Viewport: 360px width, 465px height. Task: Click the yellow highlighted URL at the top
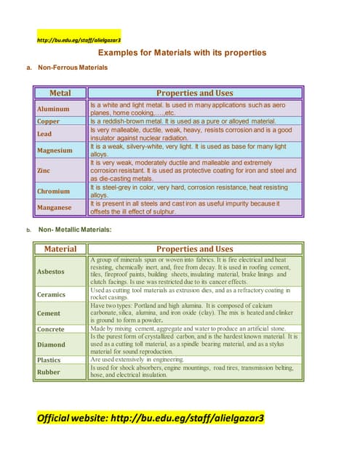coord(79,39)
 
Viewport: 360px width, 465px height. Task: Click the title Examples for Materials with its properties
coord(182,53)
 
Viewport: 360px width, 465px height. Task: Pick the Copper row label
coord(49,121)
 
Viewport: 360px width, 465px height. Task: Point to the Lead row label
coord(44,134)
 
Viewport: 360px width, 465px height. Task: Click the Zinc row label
coord(43,171)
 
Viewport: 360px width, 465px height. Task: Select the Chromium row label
coord(53,191)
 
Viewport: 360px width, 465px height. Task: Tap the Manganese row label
coord(55,207)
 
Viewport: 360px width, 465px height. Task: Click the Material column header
coord(60,249)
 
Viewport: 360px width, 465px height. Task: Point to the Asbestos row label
coord(51,271)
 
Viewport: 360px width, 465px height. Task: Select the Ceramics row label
coord(51,294)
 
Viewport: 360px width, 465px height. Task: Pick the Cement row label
coord(49,314)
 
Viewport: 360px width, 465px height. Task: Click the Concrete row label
coord(51,330)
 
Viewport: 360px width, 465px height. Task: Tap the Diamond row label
coord(51,344)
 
